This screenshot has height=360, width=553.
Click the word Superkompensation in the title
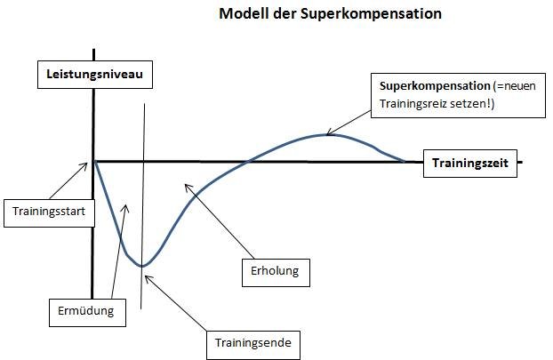click(x=371, y=14)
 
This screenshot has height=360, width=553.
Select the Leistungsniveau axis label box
click(x=95, y=75)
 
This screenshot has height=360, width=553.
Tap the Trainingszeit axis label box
click(x=470, y=164)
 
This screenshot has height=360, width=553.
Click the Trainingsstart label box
click(x=49, y=213)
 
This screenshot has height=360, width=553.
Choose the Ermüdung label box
click(x=87, y=313)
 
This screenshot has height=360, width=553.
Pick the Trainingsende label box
click(x=253, y=345)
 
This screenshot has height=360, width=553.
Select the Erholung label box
click(x=276, y=273)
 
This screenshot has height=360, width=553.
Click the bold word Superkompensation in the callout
click(x=435, y=86)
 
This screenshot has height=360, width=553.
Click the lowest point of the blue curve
click(x=142, y=266)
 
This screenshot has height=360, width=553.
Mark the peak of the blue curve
click(x=326, y=135)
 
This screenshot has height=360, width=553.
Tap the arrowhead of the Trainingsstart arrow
click(x=87, y=163)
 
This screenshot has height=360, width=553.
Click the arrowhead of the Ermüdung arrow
click(x=125, y=205)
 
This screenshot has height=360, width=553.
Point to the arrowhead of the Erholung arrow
click(x=186, y=184)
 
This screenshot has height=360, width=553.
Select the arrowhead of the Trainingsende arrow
click(x=145, y=276)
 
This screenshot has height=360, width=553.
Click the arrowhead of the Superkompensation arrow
click(x=327, y=135)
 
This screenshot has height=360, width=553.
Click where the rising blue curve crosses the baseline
click(x=249, y=162)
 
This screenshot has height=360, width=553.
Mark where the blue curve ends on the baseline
click(x=405, y=162)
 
